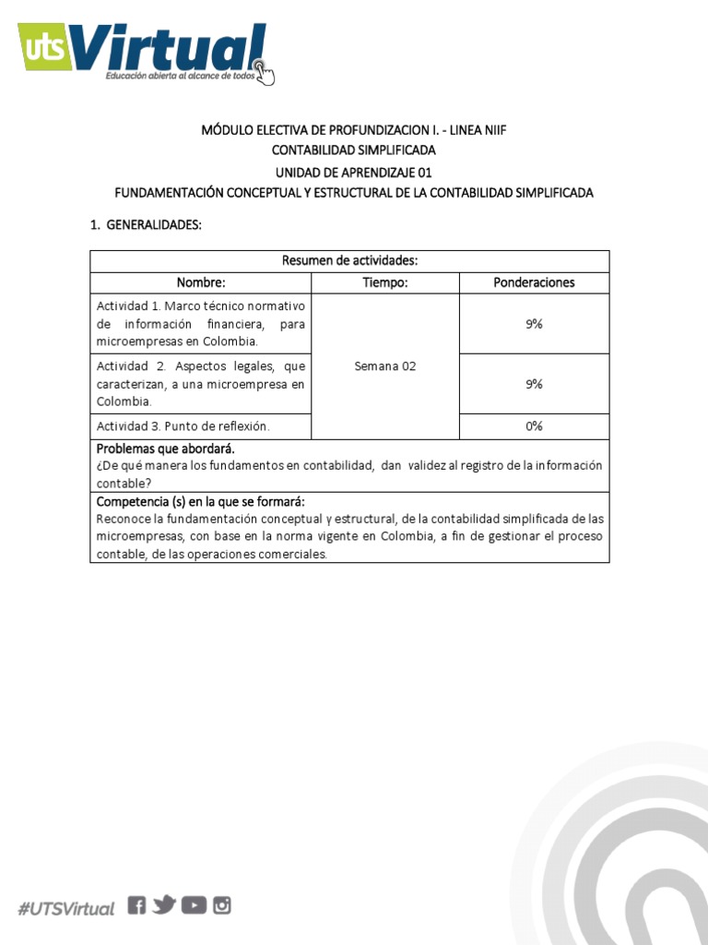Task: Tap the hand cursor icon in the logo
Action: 265,71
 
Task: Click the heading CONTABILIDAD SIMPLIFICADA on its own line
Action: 353,150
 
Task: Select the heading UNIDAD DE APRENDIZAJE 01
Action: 353,172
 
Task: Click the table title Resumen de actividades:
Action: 349,261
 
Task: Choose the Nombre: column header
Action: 201,282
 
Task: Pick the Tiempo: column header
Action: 384,282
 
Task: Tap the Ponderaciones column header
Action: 534,282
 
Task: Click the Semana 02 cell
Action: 384,365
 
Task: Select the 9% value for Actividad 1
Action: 534,324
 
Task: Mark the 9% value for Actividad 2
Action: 534,384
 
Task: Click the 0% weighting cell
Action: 534,425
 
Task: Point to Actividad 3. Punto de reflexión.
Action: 183,425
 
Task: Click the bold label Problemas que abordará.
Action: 166,449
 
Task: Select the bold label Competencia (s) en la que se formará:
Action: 201,501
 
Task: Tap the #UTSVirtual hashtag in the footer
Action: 66,908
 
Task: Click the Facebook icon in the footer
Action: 136,905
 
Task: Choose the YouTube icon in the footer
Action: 194,905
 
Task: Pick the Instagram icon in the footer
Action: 222,905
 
